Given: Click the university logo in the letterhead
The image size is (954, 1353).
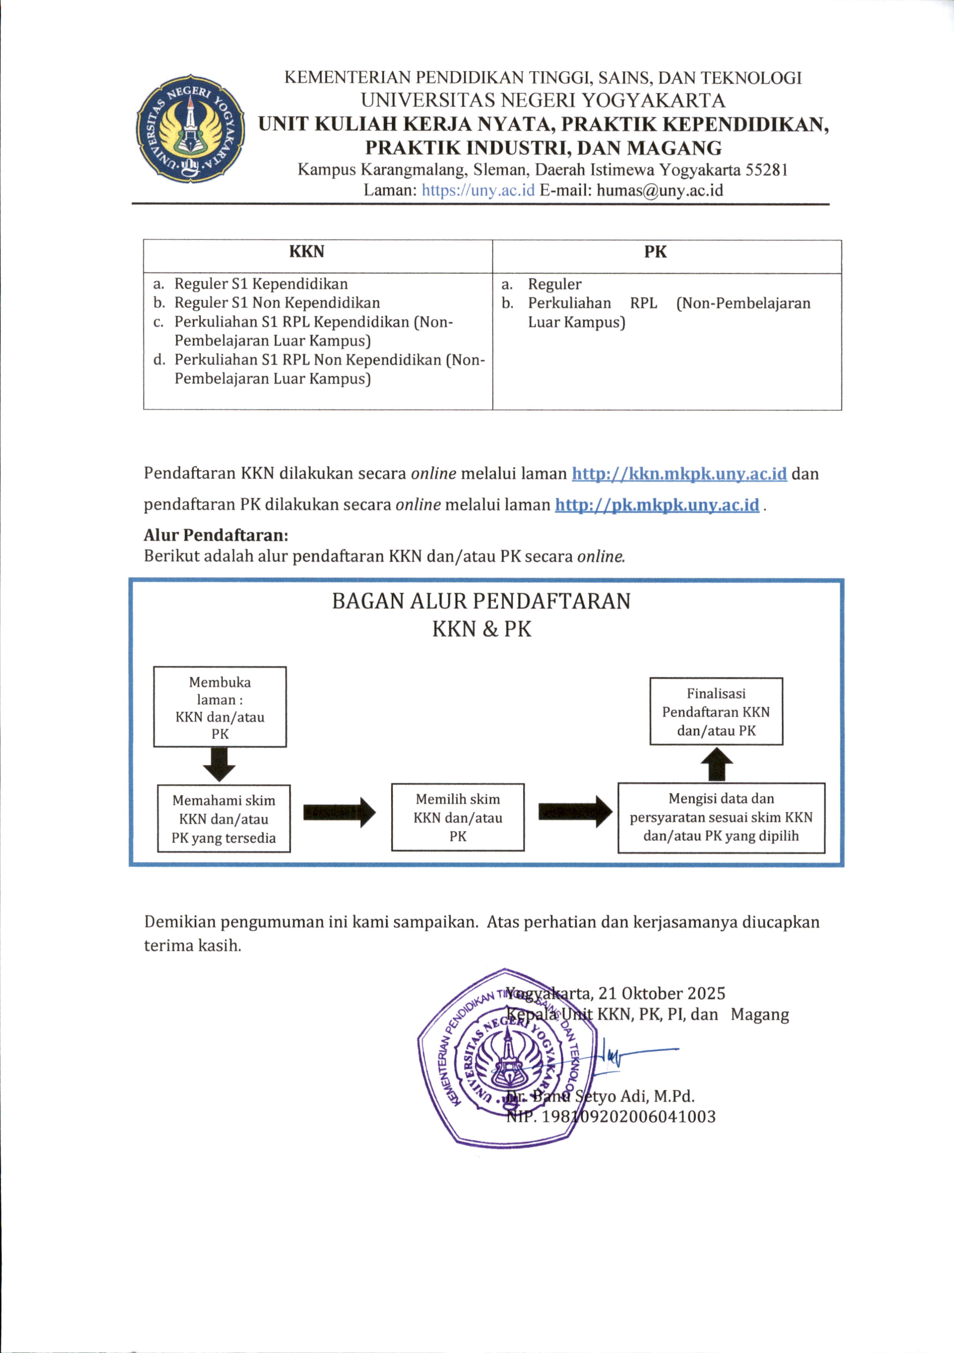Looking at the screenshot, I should (190, 129).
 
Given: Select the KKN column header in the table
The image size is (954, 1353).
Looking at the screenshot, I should (307, 252).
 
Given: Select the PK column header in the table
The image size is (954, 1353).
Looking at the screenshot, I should (655, 252).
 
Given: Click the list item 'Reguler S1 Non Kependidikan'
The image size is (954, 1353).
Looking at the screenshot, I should (277, 303).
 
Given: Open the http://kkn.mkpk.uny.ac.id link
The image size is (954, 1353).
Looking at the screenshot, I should (679, 474).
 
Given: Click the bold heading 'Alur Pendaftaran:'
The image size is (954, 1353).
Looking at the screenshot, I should (216, 535).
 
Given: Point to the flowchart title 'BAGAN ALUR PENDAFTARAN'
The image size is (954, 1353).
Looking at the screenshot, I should (481, 601).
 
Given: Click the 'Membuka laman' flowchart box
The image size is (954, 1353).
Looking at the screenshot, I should (220, 707).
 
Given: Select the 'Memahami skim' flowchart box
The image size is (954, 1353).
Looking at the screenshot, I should (223, 818).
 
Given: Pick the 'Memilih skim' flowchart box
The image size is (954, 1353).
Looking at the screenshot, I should (457, 817).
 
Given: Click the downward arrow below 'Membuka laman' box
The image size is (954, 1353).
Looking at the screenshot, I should (219, 764).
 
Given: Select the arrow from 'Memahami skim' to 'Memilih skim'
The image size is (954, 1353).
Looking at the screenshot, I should (339, 813).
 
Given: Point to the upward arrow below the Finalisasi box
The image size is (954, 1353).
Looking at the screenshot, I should (717, 764).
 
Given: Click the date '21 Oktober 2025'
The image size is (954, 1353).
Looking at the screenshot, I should (662, 994).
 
